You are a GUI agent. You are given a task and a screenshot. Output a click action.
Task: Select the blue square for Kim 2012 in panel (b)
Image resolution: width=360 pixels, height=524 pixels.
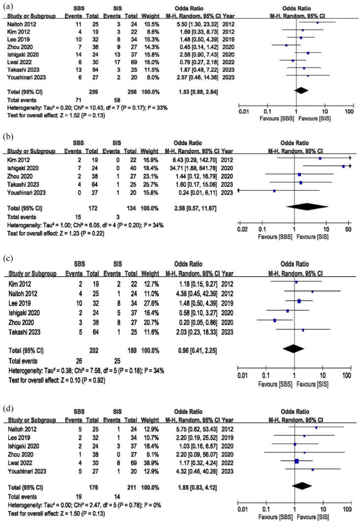(320, 158)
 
